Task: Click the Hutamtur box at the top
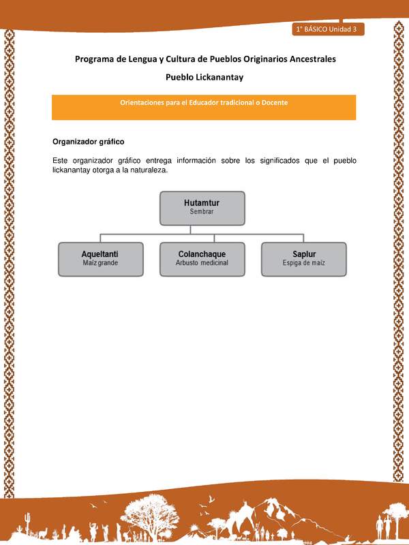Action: pyautogui.click(x=202, y=208)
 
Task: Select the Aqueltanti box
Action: pyautogui.click(x=100, y=258)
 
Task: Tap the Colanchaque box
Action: pyautogui.click(x=202, y=258)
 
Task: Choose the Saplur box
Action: pyautogui.click(x=303, y=258)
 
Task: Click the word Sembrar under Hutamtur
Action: pyautogui.click(x=202, y=213)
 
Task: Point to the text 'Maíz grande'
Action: pyautogui.click(x=100, y=263)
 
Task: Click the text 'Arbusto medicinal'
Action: pyautogui.click(x=202, y=263)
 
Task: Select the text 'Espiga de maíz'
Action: pyautogui.click(x=303, y=263)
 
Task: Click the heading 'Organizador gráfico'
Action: pyautogui.click(x=87, y=142)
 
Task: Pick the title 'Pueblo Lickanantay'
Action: pyautogui.click(x=204, y=77)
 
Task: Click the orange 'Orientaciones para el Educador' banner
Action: pyautogui.click(x=204, y=107)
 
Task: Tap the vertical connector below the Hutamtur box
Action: pyautogui.click(x=202, y=230)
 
